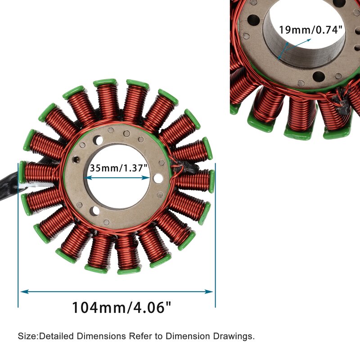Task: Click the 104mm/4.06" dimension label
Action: [x=121, y=308]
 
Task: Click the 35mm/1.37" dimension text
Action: [x=118, y=168]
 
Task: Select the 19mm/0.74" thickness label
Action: [x=311, y=30]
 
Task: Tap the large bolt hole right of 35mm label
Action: [x=158, y=178]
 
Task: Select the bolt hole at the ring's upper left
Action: [x=99, y=141]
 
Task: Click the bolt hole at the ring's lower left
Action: [x=95, y=211]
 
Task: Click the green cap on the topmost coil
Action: [x=105, y=83]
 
